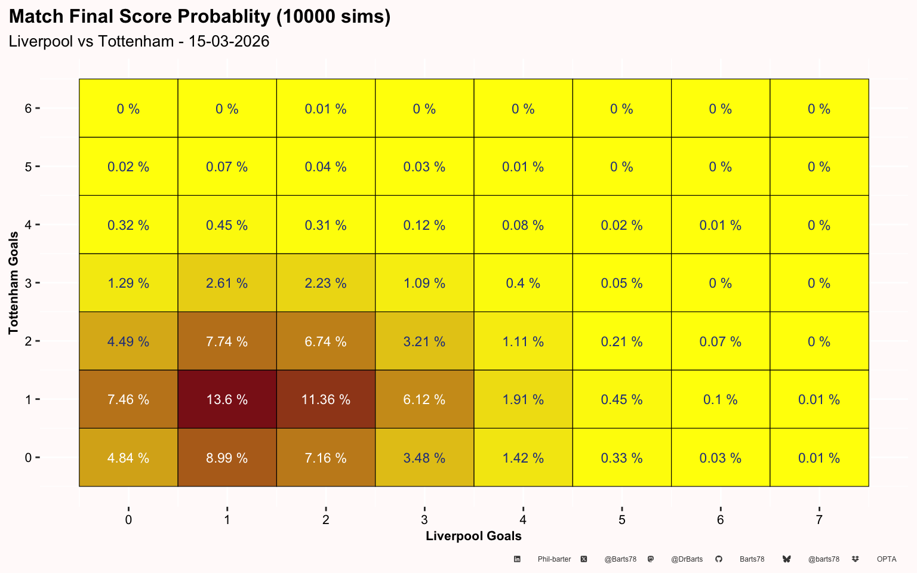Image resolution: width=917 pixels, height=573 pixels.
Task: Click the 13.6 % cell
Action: (x=227, y=399)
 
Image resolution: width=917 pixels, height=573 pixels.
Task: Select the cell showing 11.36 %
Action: (x=325, y=399)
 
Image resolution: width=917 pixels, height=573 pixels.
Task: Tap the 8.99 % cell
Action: (x=227, y=457)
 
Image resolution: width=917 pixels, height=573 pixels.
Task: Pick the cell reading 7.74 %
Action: (x=227, y=341)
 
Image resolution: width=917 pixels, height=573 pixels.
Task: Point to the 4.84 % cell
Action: (x=128, y=457)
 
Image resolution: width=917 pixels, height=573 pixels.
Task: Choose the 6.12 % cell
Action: (x=424, y=399)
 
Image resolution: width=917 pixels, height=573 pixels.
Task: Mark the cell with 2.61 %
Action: (x=227, y=283)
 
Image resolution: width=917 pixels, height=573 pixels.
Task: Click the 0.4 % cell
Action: (x=523, y=283)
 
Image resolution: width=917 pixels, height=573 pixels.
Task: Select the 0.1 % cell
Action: (x=720, y=399)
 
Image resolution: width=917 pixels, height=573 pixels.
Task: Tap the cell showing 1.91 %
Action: (x=523, y=399)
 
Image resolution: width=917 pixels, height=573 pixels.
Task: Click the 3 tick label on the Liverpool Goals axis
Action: (x=424, y=520)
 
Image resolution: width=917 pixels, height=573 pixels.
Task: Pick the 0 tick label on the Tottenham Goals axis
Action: (x=28, y=457)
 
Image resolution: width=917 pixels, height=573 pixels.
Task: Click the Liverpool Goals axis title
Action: (x=473, y=536)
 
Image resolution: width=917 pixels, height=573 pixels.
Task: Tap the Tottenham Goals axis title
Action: (x=13, y=283)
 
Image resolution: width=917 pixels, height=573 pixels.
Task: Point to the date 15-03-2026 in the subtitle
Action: (x=229, y=41)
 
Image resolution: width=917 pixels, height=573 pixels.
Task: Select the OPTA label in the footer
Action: (x=887, y=559)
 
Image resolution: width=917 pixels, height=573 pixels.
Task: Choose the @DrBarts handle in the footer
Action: (x=687, y=559)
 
